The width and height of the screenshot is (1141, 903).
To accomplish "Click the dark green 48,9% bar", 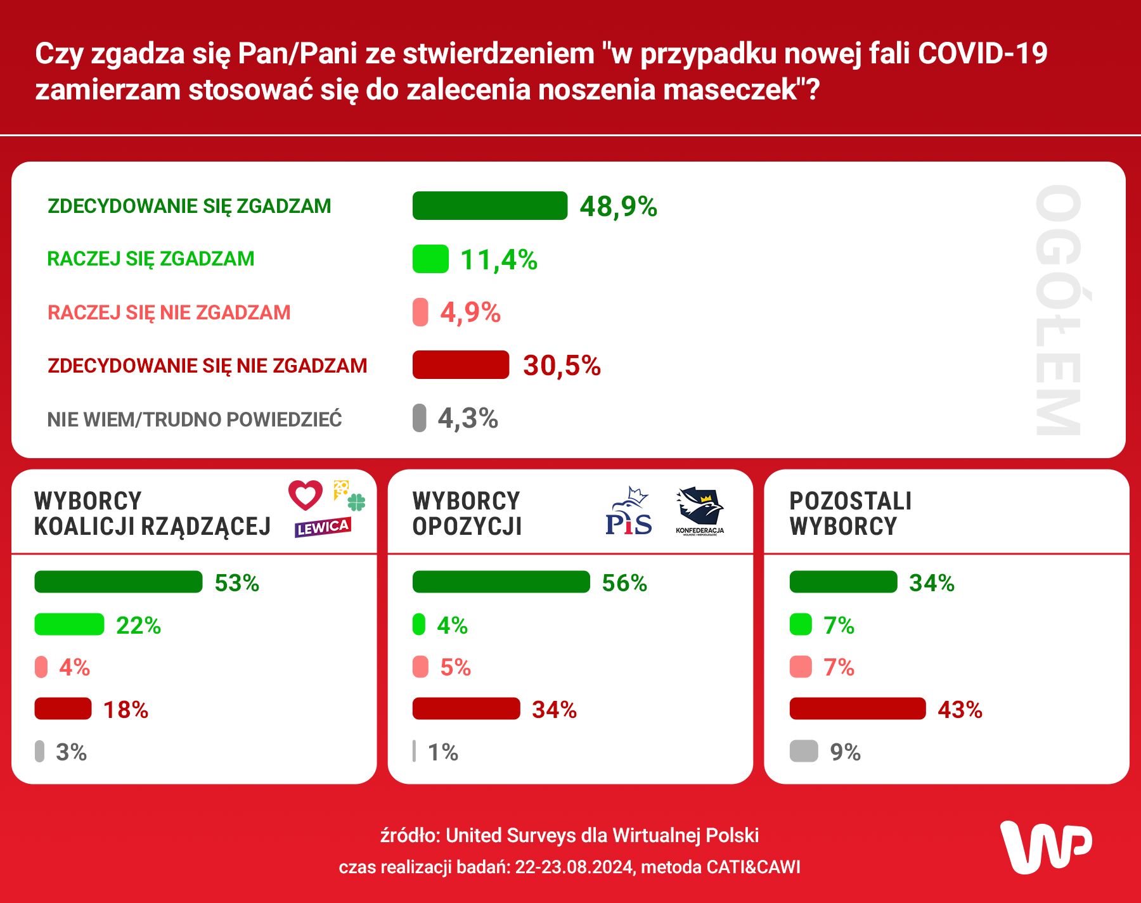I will (489, 206).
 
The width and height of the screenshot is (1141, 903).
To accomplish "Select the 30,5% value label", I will (562, 366).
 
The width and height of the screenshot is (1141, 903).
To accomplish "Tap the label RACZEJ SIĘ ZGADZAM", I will (151, 259).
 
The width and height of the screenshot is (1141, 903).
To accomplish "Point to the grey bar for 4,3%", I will (419, 418).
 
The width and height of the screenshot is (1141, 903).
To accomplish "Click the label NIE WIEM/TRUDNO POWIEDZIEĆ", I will (195, 419).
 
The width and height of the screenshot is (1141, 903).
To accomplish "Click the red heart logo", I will (306, 494).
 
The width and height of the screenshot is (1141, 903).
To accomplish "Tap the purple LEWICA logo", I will (323, 527).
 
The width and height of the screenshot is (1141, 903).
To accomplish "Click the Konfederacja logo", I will (700, 511).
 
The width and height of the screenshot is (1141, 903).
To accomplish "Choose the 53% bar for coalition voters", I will (119, 582).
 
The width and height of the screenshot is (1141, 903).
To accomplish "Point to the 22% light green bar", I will (69, 625).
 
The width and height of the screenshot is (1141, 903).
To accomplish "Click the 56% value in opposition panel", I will (624, 583).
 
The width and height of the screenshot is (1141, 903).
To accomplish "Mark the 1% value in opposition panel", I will (442, 752).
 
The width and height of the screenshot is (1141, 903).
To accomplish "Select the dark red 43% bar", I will (857, 708).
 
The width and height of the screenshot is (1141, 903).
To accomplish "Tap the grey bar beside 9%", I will (803, 751).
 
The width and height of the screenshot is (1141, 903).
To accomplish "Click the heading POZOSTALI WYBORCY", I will (850, 513).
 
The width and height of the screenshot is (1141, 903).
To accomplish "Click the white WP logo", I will (1046, 847).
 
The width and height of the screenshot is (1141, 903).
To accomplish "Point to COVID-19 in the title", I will (983, 53).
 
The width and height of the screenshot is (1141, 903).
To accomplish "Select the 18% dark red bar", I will (63, 708).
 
